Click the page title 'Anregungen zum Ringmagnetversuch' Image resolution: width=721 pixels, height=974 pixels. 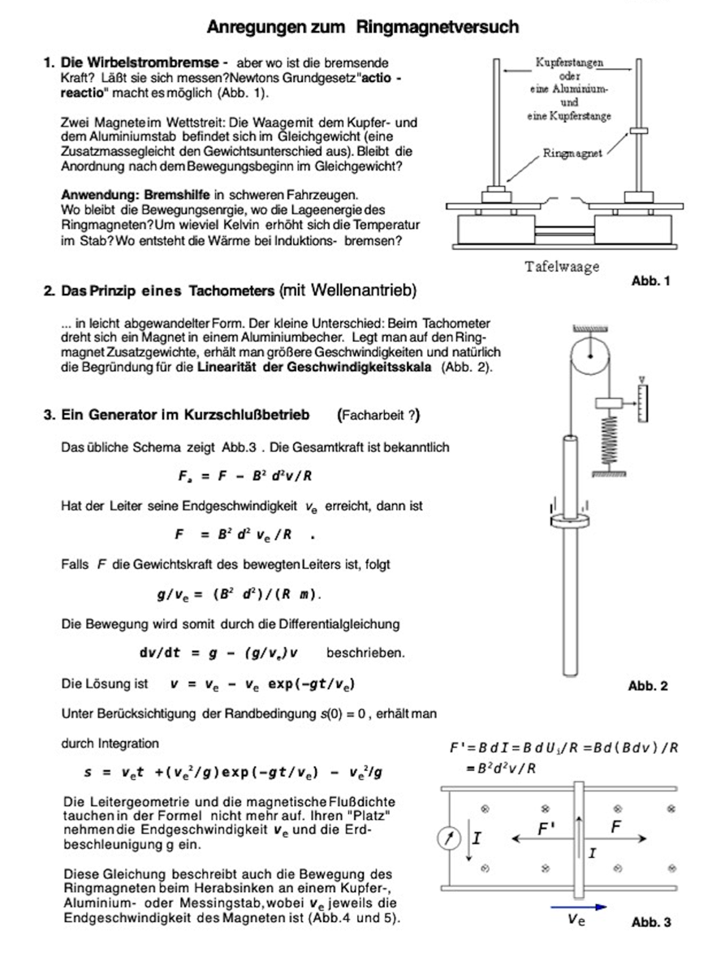coord(362,28)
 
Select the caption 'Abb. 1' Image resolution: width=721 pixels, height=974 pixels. coord(650,281)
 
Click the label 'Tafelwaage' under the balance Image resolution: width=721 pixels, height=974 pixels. coord(562,267)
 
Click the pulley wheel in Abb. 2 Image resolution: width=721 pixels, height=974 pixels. coord(592,356)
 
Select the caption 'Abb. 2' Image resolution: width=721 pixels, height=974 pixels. coord(648,686)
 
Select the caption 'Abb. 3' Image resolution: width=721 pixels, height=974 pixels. coord(651,922)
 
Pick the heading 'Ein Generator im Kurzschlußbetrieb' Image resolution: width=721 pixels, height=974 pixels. coord(185,416)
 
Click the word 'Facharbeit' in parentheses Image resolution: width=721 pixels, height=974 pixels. coord(374,416)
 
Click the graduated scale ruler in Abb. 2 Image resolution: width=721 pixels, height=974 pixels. coord(645,403)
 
